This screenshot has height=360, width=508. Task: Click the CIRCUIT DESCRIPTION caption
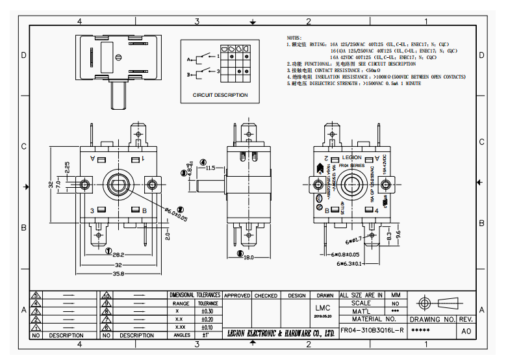coord(220,95)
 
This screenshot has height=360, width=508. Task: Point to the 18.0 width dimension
coord(248,258)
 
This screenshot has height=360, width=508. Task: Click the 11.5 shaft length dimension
coord(210,168)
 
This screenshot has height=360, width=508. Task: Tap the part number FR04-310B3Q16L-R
coord(372,330)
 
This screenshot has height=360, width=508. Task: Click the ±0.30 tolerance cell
coord(208,311)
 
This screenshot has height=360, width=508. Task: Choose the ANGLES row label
coord(182,335)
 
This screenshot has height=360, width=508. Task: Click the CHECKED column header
coord(266,296)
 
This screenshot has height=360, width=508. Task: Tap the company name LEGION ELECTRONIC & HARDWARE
coord(281,333)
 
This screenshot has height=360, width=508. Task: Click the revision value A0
coord(466,331)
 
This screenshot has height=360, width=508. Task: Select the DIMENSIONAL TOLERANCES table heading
coord(195,296)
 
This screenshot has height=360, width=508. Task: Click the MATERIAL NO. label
coord(374,319)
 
